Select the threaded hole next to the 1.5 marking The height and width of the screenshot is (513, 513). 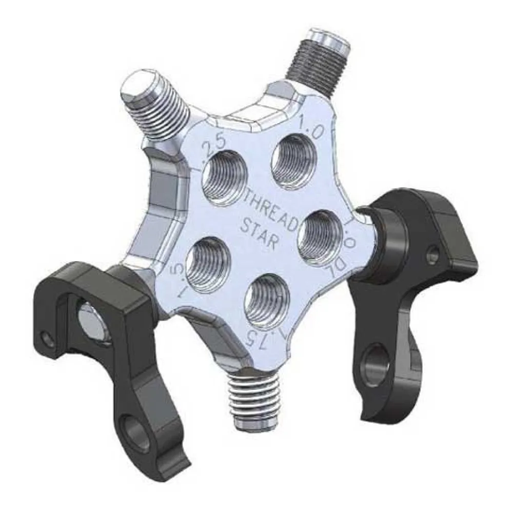click(x=208, y=265)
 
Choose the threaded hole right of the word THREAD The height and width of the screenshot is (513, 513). click(x=320, y=236)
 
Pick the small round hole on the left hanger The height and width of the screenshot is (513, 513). click(x=48, y=338)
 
